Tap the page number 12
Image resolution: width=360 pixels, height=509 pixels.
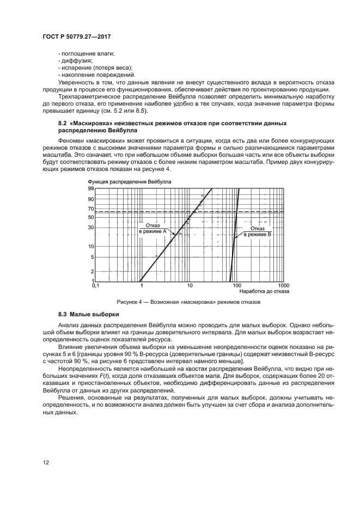point(45,462)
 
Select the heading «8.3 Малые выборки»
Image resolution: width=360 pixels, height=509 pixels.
point(88,315)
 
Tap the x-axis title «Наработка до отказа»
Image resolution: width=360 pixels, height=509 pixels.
point(263,291)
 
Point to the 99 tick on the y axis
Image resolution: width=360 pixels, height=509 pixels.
point(91,188)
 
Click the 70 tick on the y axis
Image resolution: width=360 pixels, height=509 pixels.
point(91,209)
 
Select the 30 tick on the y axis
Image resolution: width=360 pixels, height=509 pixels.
point(91,228)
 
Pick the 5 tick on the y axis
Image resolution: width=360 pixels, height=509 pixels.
point(92,257)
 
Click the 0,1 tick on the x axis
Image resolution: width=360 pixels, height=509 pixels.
point(96,285)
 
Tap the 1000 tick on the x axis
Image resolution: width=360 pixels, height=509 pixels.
point(283,285)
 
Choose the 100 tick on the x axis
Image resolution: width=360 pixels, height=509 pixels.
point(236,285)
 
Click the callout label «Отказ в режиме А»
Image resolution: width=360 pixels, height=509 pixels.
point(152,228)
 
